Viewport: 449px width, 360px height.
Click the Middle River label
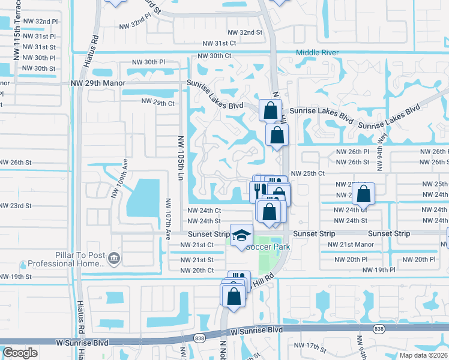(x=317, y=53)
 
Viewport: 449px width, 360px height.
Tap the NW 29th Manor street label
(x=98, y=83)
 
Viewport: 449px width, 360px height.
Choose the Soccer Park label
(x=271, y=247)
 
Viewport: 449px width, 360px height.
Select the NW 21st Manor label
(x=350, y=245)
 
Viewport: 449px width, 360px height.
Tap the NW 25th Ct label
(x=307, y=173)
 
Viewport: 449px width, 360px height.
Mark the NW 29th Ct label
(x=157, y=103)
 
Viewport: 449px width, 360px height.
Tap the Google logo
(x=20, y=353)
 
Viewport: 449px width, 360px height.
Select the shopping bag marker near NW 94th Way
(x=363, y=195)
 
